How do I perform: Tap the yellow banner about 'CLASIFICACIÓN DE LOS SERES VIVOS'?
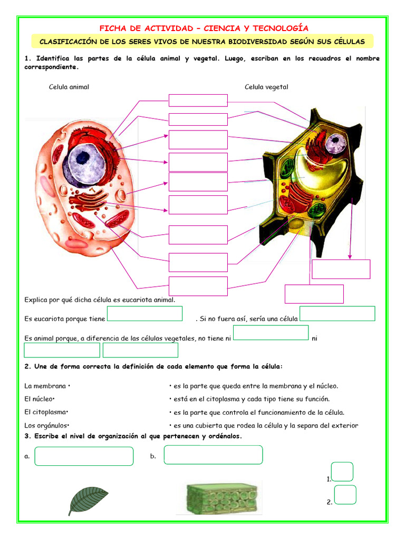pyautogui.click(x=202, y=42)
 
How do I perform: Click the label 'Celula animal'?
pyautogui.click(x=69, y=87)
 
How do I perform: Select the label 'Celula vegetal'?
pyautogui.click(x=266, y=87)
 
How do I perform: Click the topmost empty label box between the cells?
pyautogui.click(x=198, y=101)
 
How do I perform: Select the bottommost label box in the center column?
pyautogui.click(x=198, y=286)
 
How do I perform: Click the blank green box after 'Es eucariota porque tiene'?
pyautogui.click(x=144, y=314)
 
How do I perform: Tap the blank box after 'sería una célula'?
pyautogui.click(x=337, y=314)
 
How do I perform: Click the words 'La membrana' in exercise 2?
pyautogui.click(x=45, y=386)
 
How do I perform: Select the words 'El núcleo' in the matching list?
pyautogui.click(x=38, y=399)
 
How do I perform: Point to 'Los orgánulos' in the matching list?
pyautogui.click(x=46, y=425)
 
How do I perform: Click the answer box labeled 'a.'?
pyautogui.click(x=84, y=456)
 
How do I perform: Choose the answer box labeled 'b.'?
pyautogui.click(x=213, y=455)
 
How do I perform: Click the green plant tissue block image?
pyautogui.click(x=222, y=499)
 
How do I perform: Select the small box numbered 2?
pyautogui.click(x=345, y=495)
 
